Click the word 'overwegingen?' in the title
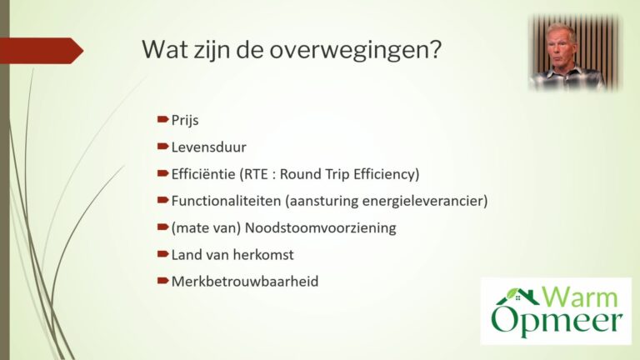tap(356, 51)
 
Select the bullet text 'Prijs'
tap(185, 121)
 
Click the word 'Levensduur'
tap(208, 147)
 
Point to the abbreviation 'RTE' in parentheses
tap(256, 174)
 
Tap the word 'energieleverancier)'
tap(425, 201)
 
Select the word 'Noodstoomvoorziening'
tap(320, 227)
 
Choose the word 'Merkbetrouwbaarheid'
tap(245, 282)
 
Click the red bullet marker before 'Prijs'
tap(162, 120)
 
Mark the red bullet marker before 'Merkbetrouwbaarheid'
tap(162, 281)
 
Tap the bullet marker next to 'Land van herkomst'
tap(162, 254)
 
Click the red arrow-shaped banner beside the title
tap(42, 51)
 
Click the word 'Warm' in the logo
tap(580, 297)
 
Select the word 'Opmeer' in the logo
tap(557, 321)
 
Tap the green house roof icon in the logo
tap(517, 296)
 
